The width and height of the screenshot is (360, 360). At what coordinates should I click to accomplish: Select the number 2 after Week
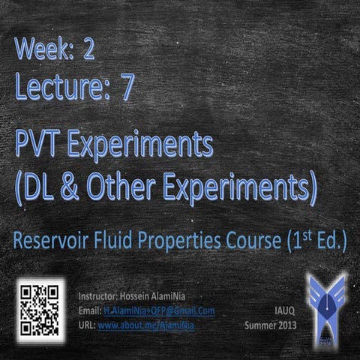(x=89, y=51)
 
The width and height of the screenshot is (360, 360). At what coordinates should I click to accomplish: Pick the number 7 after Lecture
(x=127, y=88)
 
